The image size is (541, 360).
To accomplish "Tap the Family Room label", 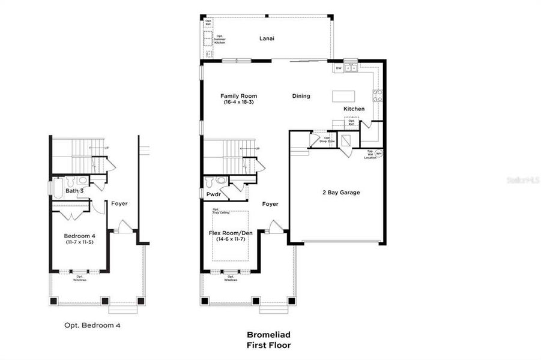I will coord(238,96).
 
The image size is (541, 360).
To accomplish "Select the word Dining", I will coord(301,96).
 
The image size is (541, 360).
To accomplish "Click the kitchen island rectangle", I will coord(344,96).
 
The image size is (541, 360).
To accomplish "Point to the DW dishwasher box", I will coord(339,68).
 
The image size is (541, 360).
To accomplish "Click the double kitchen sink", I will coord(351,68).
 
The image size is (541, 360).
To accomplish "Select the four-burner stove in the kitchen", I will coord(378,95).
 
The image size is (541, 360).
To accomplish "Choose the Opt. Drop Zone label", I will coord(327,139).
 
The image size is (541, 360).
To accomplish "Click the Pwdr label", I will coord(213,195).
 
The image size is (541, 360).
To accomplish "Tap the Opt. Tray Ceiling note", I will coord(220,211).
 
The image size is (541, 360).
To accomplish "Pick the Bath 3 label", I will coord(74,191).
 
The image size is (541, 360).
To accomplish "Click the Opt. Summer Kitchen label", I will coord(220,40).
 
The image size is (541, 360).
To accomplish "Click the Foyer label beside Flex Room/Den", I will coord(270,204).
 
